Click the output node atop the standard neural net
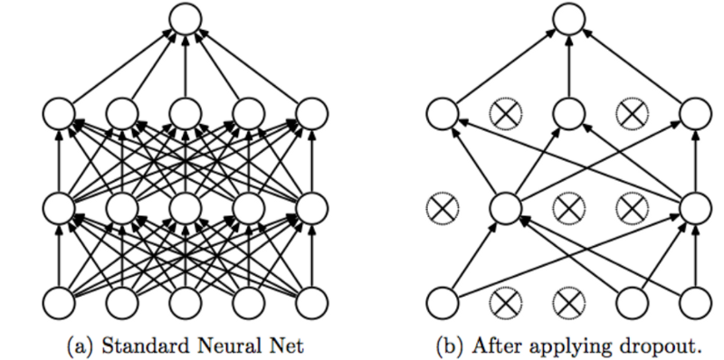(x=185, y=19)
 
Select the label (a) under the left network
(x=76, y=344)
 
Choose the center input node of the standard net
(x=185, y=303)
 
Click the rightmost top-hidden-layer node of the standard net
(x=312, y=114)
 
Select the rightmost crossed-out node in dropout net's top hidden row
(x=632, y=114)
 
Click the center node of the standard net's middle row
(x=185, y=208)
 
